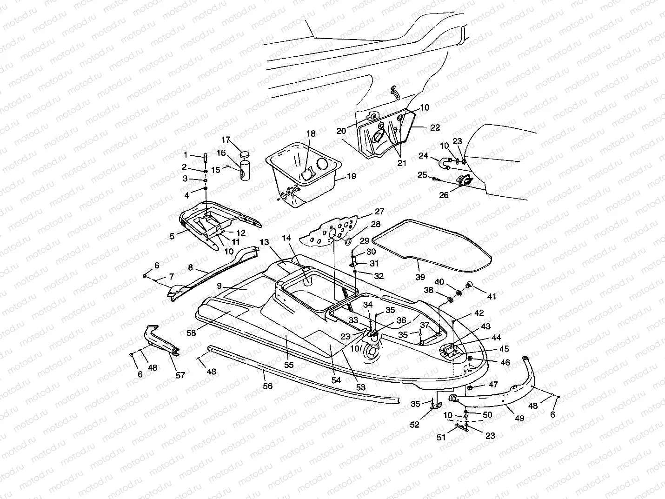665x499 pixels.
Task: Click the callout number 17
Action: [226, 140]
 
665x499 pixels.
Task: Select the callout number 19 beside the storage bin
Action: [351, 176]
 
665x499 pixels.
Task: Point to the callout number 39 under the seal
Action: [420, 277]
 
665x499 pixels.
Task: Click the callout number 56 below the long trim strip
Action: [268, 386]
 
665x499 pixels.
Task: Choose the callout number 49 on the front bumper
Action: [519, 418]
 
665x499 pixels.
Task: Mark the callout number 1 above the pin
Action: [185, 155]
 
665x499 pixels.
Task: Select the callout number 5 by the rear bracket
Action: [172, 236]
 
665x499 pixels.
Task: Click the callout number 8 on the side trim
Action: [190, 267]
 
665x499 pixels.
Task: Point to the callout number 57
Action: [180, 375]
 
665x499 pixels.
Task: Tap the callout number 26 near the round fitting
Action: [444, 195]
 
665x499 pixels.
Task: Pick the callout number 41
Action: [492, 296]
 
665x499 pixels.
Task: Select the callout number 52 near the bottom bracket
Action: [414, 425]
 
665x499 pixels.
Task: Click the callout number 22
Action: [435, 127]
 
